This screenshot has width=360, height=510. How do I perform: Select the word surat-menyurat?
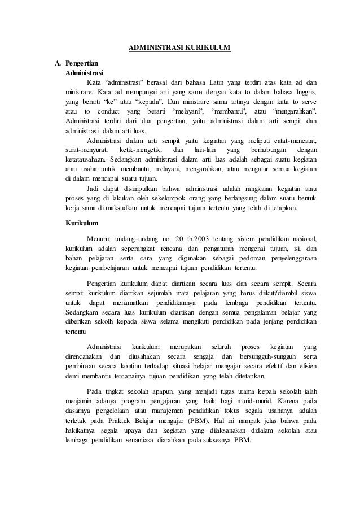[x=85, y=150]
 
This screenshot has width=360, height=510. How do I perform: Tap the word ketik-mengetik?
[x=141, y=150]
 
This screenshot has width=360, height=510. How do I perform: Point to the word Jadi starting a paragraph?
[x=95, y=188]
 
